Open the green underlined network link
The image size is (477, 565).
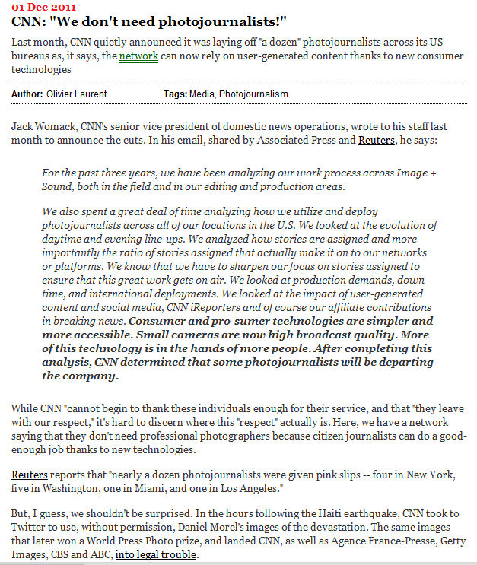138,57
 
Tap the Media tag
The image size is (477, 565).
205,94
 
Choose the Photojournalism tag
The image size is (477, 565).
254,94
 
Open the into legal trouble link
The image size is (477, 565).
157,554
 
